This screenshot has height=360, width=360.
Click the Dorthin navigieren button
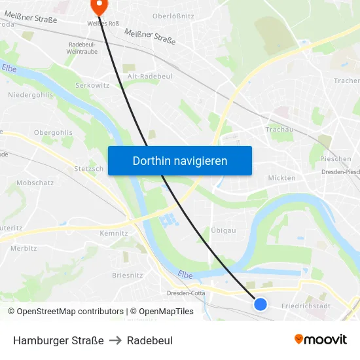[x=180, y=160]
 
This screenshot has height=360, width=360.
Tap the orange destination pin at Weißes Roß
[x=99, y=6]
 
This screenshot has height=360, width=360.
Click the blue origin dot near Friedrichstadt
[x=261, y=304]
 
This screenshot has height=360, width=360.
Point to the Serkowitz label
[x=92, y=86]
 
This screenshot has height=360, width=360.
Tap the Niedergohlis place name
[x=31, y=95]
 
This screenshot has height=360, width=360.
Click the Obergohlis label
[x=53, y=132]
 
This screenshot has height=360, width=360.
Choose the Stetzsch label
[x=89, y=168]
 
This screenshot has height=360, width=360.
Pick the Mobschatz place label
[x=35, y=183]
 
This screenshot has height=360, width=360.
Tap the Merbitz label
[x=24, y=248]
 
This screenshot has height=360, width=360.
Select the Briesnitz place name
[x=127, y=275]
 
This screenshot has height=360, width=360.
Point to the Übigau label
[x=223, y=230]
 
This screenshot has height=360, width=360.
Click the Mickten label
[x=282, y=177]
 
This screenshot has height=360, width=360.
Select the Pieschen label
[x=335, y=159]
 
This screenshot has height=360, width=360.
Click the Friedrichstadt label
[x=306, y=306]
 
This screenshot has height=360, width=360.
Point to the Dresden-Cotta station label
[x=186, y=293]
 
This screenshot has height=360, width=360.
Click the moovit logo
[x=320, y=339]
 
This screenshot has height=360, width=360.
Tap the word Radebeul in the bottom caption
[x=150, y=340]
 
